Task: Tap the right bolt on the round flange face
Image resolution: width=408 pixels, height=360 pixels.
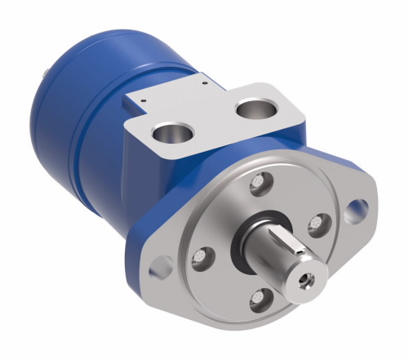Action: pos(319,223)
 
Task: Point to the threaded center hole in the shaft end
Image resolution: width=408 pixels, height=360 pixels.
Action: pos(307,278)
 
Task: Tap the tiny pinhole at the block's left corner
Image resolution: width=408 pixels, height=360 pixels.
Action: pos(143,101)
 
